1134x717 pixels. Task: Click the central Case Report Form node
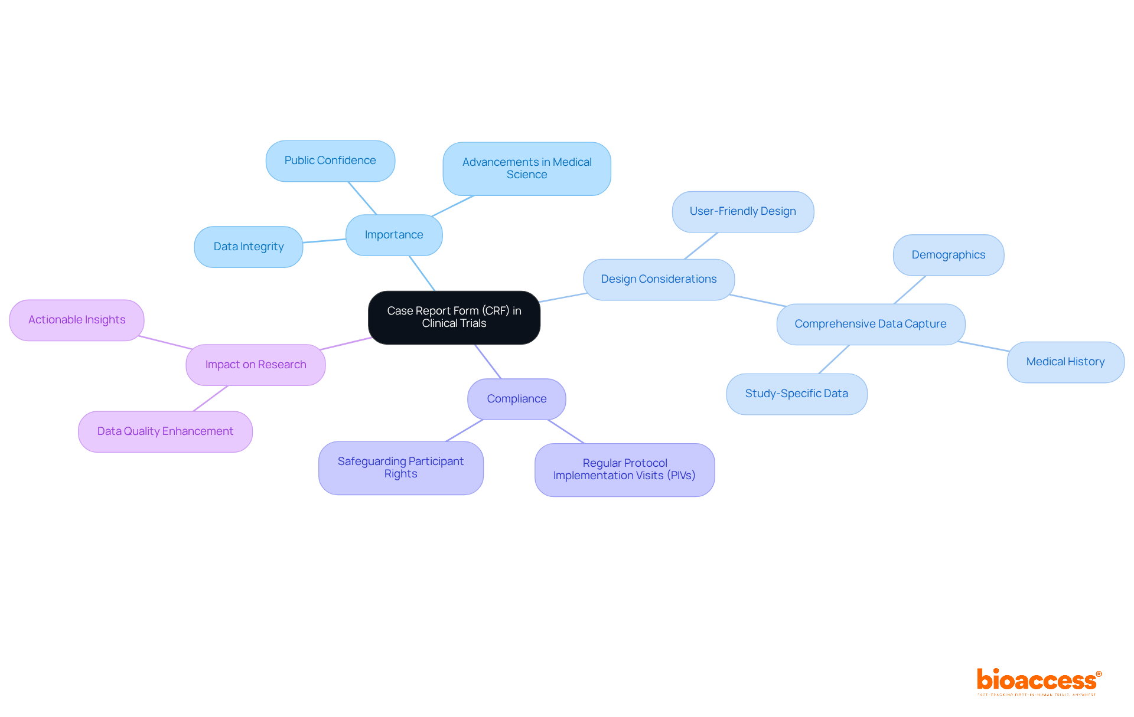(x=454, y=317)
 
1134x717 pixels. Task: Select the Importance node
(x=394, y=235)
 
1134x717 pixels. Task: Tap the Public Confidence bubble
(x=330, y=161)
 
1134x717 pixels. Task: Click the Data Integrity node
(x=249, y=247)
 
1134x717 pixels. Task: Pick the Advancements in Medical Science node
(x=527, y=168)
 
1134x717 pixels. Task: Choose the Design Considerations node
(x=659, y=279)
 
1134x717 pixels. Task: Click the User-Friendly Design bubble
(x=742, y=211)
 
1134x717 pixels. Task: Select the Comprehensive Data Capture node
(x=870, y=324)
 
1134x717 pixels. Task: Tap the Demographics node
(x=948, y=255)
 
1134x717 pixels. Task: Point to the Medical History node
(x=1065, y=362)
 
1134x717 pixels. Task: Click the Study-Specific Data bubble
(x=796, y=394)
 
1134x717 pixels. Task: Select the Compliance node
(x=516, y=399)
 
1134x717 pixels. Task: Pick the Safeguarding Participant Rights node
(x=400, y=467)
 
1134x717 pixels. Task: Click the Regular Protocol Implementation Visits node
(x=624, y=470)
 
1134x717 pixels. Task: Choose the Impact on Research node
(x=255, y=365)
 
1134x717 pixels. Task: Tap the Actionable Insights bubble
(x=77, y=320)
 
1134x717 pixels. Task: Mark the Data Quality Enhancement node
(x=165, y=431)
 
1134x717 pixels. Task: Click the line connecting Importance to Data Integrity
(x=324, y=241)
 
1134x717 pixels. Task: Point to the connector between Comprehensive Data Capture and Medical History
(x=983, y=346)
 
